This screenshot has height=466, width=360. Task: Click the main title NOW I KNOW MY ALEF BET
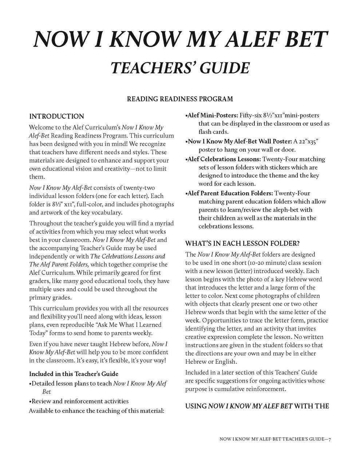click(x=180, y=40)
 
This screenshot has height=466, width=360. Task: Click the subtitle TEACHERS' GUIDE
click(x=180, y=68)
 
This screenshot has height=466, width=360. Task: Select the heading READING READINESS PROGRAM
click(x=180, y=99)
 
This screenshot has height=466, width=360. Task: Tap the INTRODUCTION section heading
click(x=56, y=116)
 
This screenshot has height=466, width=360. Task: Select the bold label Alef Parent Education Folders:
click(x=229, y=193)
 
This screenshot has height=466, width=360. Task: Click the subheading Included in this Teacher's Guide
click(x=74, y=374)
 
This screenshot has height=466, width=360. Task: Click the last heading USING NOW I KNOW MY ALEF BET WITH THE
click(x=257, y=406)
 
